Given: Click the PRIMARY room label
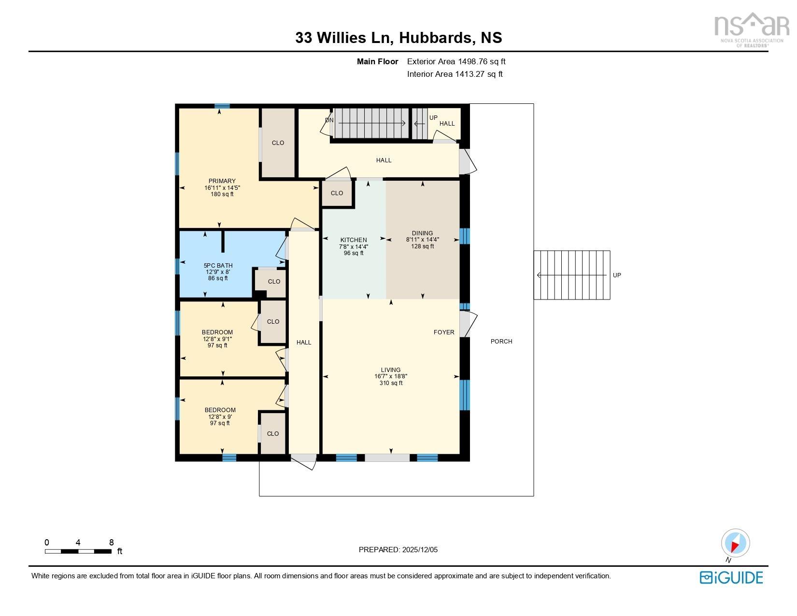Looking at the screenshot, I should coord(222,181).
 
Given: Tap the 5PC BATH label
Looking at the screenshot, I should coord(218,265).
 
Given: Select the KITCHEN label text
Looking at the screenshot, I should coord(354,240).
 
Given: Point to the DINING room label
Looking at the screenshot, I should coord(422,233).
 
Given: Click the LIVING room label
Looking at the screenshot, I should coord(390,370).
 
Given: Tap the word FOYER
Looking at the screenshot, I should coord(443,332).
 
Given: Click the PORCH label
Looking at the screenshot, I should coord(501,342).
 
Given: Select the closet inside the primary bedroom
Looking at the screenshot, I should coord(278,143).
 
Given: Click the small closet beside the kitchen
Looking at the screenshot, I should coord(337,193).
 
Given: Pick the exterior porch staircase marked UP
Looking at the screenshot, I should coord(571,275).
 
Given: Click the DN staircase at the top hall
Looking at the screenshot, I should coord(371,123).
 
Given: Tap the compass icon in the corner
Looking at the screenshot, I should coord(735,543).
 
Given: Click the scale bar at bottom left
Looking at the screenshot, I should coord(78,551).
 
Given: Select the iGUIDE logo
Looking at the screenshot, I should coord(731,577).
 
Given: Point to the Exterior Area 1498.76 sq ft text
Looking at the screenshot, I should coord(456,61).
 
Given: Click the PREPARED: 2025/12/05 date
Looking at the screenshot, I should coord(398,550).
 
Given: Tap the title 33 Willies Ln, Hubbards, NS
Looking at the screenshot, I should coord(398,38).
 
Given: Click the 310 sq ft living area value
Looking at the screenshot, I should coord(390,383).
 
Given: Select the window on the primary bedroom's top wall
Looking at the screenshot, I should coord(222,106).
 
